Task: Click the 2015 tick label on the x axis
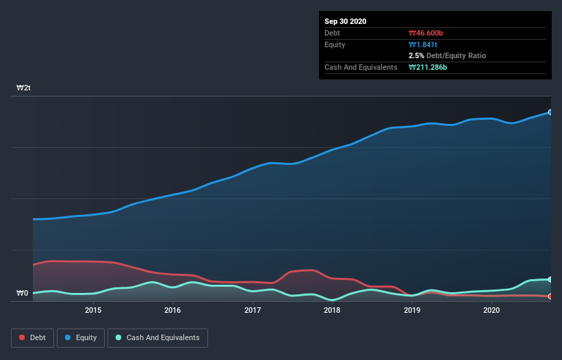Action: point(93,310)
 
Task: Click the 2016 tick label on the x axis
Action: point(173,310)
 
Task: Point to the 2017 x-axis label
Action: point(253,310)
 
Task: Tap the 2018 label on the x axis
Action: point(332,310)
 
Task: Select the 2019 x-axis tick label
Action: point(412,310)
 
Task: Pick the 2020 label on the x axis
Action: point(491,310)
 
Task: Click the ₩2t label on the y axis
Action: point(24,88)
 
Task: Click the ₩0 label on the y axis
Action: point(23,294)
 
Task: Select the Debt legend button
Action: point(33,337)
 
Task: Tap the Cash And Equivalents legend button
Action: point(157,337)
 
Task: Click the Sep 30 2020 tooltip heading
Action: point(345,21)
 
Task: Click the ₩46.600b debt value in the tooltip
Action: point(427,33)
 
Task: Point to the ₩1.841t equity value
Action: point(423,44)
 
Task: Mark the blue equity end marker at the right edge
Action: point(550,112)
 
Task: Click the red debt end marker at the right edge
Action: point(550,296)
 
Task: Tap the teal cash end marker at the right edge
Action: point(550,279)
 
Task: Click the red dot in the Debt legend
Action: point(23,338)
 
